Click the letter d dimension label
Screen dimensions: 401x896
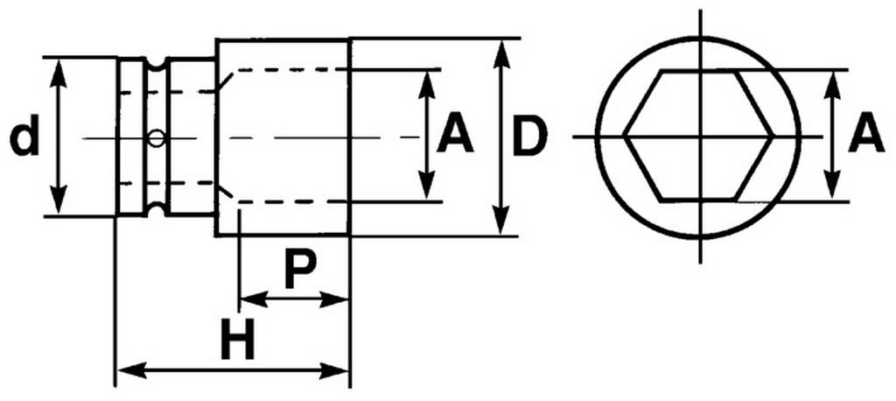[x=24, y=137]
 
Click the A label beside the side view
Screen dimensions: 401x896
[x=454, y=137]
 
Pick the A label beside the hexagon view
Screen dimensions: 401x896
[x=865, y=136]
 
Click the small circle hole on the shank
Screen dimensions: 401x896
[x=156, y=137]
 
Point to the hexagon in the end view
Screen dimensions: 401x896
[x=700, y=135]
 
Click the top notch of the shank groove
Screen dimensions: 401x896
[x=156, y=64]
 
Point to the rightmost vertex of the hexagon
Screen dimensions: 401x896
[x=775, y=136]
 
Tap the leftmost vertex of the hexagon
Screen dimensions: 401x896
[x=625, y=136]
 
